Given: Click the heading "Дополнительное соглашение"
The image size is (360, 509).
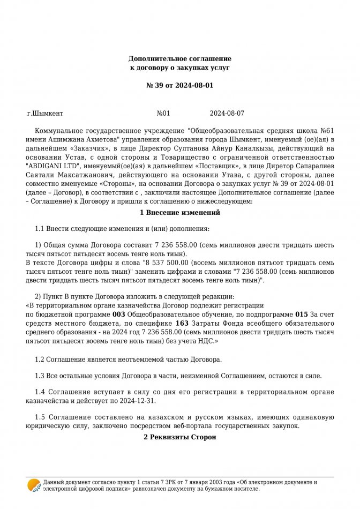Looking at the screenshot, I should pos(179,58).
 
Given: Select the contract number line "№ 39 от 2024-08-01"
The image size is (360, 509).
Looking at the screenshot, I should pos(179,85).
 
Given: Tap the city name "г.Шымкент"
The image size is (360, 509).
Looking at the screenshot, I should pos(45,114).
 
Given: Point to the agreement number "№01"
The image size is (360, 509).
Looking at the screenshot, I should pos(163,114).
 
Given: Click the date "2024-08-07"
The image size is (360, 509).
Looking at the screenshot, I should pos(227,114).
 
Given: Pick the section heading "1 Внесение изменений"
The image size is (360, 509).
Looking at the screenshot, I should pos(179,213).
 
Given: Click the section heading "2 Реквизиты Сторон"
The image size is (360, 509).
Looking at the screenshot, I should pos(179,437).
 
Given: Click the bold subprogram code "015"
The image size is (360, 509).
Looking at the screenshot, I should pos(302,314).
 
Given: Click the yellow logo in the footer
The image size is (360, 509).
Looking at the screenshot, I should pos(34,485).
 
